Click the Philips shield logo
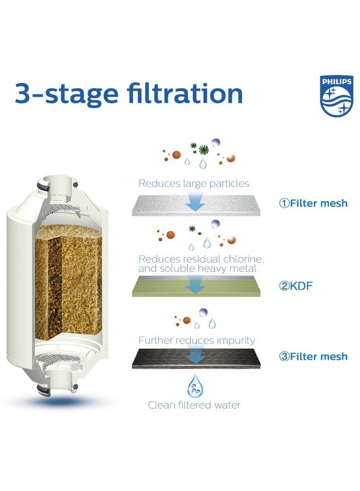[x=336, y=95]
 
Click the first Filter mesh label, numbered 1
[x=313, y=203]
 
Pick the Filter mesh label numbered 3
[x=313, y=356]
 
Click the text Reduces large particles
[x=193, y=184]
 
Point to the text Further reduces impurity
[x=197, y=340]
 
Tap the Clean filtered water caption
[x=194, y=405]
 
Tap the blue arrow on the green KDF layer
[x=195, y=284]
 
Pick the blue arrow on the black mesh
[x=195, y=356]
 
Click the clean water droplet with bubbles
[x=195, y=385]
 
